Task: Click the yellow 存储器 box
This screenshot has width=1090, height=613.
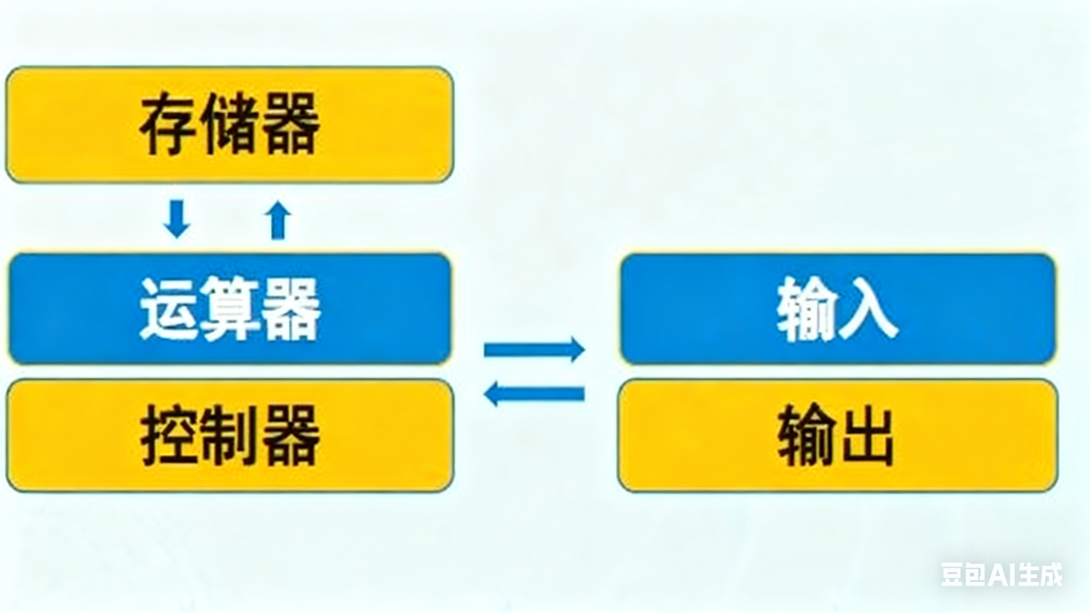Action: [230, 125]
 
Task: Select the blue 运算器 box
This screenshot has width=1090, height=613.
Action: [230, 309]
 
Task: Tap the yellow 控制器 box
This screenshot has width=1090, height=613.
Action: [230, 435]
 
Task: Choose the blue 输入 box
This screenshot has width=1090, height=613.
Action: [837, 309]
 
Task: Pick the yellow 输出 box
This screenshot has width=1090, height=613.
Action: [837, 435]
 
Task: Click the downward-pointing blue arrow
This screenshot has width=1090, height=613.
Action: [176, 218]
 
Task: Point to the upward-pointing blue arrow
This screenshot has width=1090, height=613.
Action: [278, 220]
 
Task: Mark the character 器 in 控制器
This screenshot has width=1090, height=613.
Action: [291, 436]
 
